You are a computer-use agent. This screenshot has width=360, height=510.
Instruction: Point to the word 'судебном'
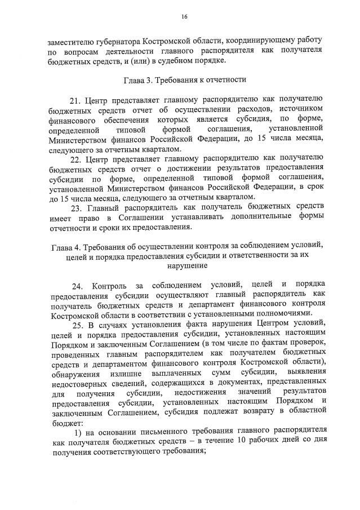click(185, 60)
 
